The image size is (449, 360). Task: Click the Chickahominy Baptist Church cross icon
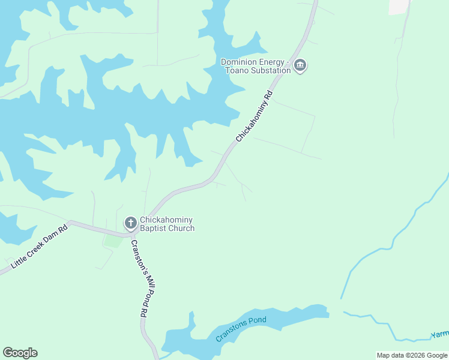pyautogui.click(x=130, y=224)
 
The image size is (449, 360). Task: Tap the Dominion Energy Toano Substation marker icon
pyautogui.click(x=301, y=66)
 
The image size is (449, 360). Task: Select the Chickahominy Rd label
pyautogui.click(x=255, y=116)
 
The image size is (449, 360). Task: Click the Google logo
pyautogui.click(x=20, y=353)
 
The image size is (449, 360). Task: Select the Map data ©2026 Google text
pyautogui.click(x=412, y=355)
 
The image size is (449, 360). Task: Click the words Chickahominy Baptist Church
pyautogui.click(x=167, y=224)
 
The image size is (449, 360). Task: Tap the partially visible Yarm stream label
pyautogui.click(x=440, y=334)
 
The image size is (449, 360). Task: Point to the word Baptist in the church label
pyautogui.click(x=154, y=228)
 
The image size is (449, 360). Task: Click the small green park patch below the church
pyautogui.click(x=113, y=241)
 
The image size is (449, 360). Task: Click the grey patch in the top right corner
pyautogui.click(x=399, y=7)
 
